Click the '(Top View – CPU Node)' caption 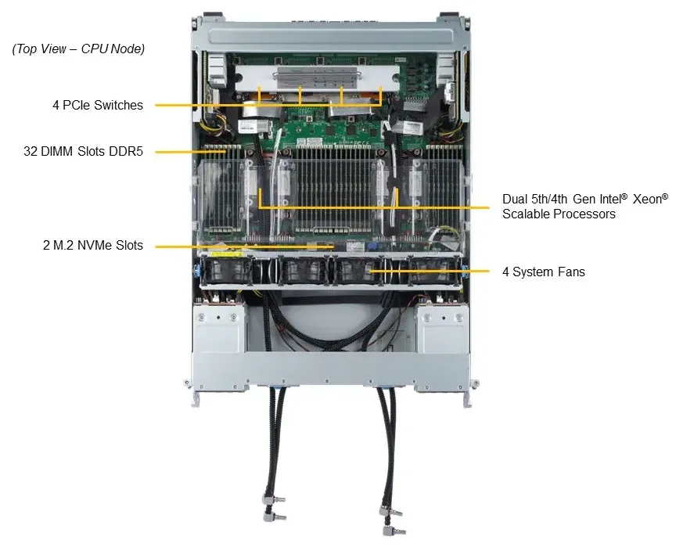(78, 49)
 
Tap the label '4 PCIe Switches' (98, 105)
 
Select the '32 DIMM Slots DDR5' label (83, 151)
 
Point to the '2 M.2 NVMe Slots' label (93, 245)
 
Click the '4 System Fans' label (544, 272)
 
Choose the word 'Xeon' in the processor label (647, 200)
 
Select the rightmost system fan (433, 271)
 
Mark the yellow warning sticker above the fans (226, 254)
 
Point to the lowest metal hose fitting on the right (394, 531)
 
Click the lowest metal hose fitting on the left (274, 517)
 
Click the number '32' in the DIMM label (30, 151)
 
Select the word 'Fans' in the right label (570, 272)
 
